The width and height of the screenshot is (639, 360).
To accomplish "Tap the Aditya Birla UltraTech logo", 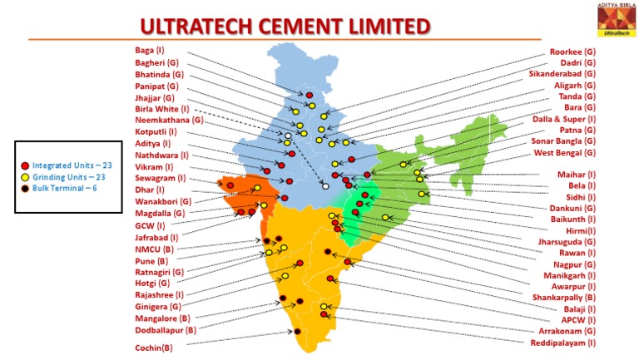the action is [x=615, y=17].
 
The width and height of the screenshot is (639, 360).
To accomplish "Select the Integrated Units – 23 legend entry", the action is [x=67, y=165].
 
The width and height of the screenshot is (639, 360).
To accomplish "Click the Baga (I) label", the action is [x=150, y=50].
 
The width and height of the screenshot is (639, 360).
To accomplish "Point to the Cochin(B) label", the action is [x=154, y=348].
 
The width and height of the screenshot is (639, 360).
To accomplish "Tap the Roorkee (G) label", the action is [x=572, y=52].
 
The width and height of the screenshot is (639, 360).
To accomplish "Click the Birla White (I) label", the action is [x=162, y=108].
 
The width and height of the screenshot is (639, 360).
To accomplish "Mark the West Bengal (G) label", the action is [x=565, y=153].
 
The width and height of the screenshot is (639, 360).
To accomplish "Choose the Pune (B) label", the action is [x=151, y=260].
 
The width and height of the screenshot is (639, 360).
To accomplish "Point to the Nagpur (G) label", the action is [x=574, y=264].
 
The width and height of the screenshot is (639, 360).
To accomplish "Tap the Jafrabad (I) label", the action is [x=156, y=237].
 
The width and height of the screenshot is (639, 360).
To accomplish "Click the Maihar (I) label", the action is [x=576, y=175].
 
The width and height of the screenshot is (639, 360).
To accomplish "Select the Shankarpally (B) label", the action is [x=563, y=297].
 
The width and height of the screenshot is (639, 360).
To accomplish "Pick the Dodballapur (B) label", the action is [x=166, y=329].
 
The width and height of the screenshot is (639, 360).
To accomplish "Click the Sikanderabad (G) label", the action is [x=562, y=74].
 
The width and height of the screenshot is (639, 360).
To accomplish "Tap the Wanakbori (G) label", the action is [x=163, y=201].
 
